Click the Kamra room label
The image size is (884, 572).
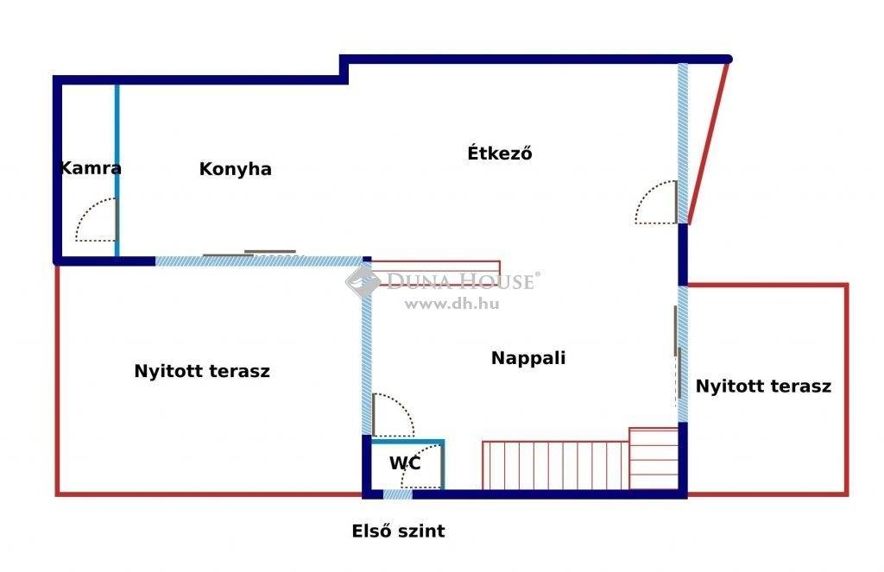pos(90,168)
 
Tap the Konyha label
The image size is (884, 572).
pos(235,169)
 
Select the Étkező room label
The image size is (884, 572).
pos(500,153)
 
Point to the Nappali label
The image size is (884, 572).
pos(528,358)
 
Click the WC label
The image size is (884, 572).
pos(405,463)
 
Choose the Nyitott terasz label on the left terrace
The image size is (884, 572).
pos(202,371)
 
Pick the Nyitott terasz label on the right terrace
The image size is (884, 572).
pos(763,386)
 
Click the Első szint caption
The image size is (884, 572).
pos(399,531)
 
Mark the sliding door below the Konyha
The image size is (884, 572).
pos(249,253)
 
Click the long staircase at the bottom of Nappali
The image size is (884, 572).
pos(555,465)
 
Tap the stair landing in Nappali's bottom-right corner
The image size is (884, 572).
pos(654,459)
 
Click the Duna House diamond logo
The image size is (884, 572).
pos(363,281)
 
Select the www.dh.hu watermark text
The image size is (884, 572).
pos(451,304)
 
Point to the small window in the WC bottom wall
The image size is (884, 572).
pos(397,494)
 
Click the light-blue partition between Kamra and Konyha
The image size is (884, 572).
pos(117,170)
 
